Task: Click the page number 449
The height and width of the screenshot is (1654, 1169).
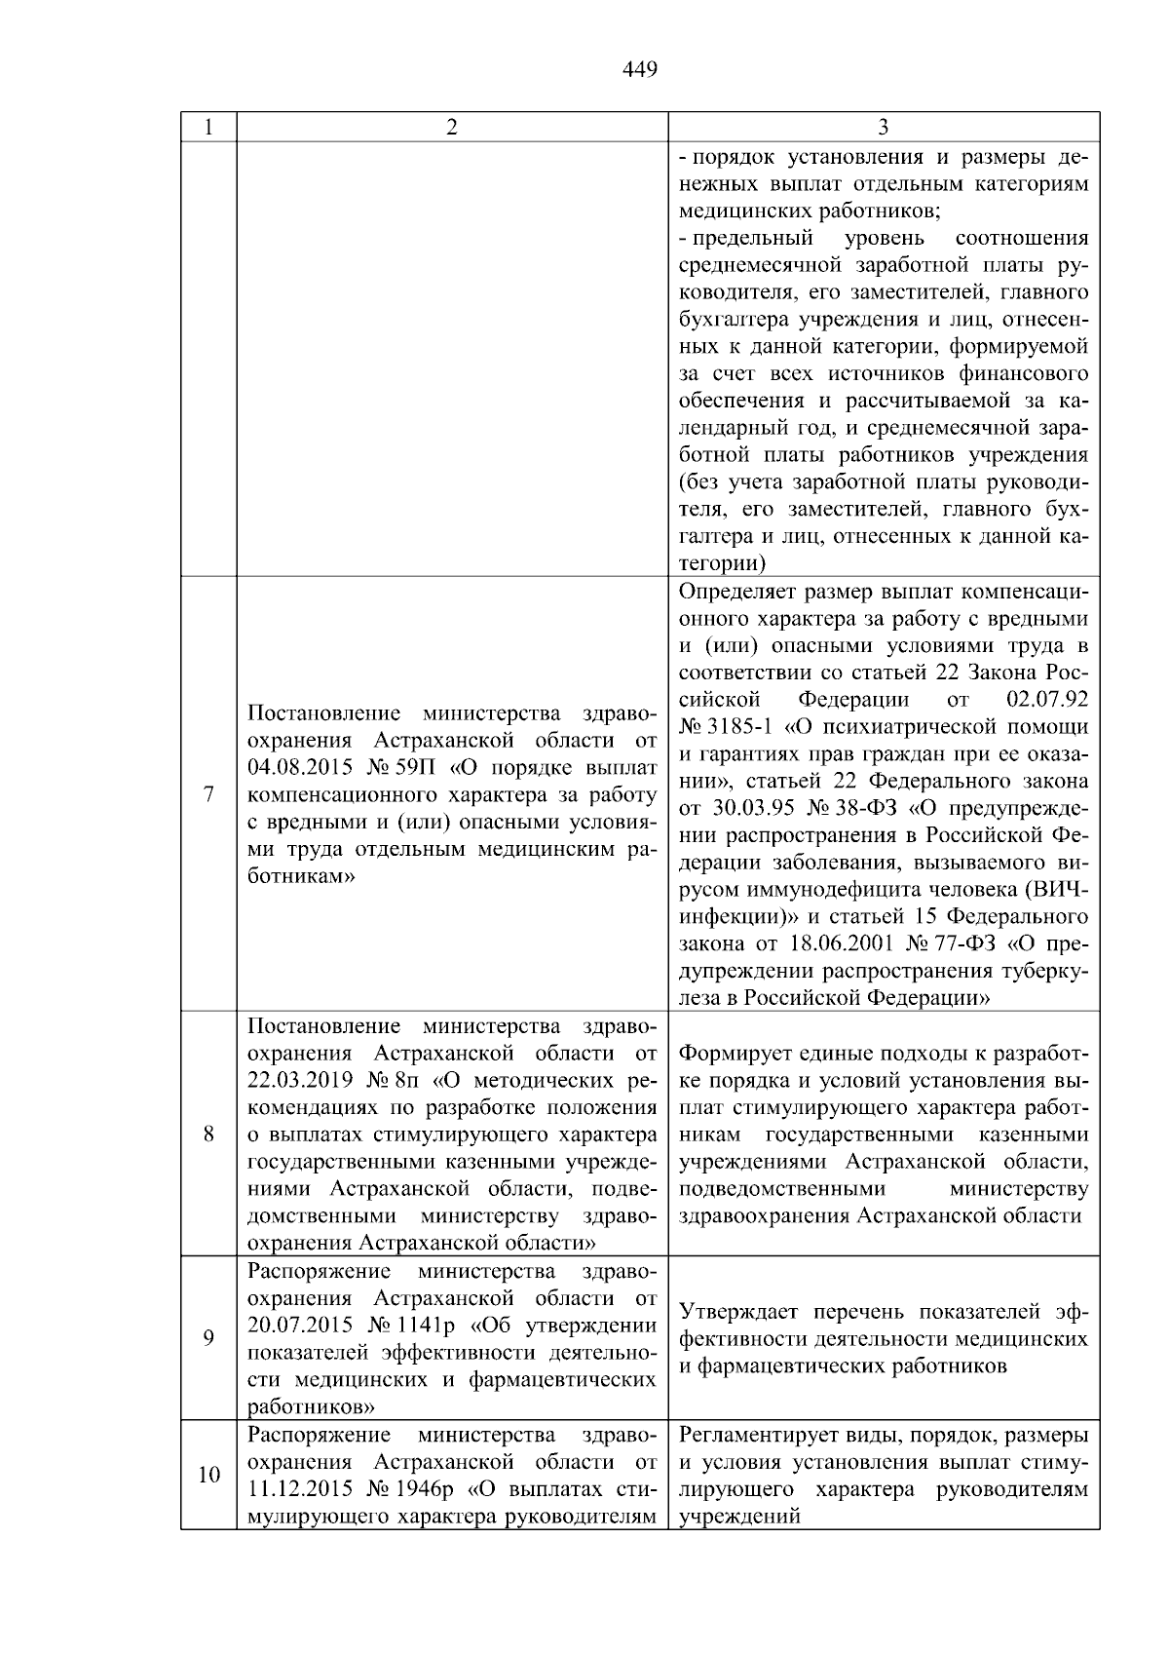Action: (x=639, y=69)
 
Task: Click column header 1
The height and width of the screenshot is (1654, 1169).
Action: (x=207, y=127)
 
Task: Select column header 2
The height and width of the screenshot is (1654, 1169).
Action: (x=451, y=127)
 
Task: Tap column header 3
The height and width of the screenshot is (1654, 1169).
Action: (x=883, y=127)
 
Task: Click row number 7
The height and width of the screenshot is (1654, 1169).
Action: (x=208, y=794)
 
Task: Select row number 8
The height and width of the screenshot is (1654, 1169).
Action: (x=208, y=1134)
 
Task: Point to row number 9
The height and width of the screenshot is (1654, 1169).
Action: (x=208, y=1338)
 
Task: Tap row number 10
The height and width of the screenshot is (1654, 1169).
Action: (x=208, y=1475)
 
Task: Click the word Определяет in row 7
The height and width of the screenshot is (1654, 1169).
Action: (x=726, y=592)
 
